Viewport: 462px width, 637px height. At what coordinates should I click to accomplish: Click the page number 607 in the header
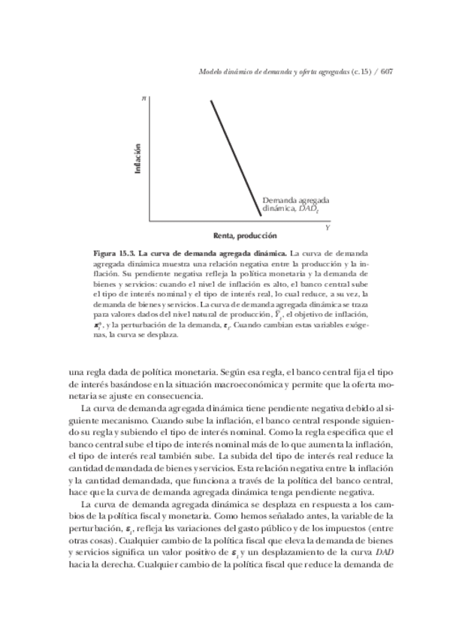pyautogui.click(x=388, y=72)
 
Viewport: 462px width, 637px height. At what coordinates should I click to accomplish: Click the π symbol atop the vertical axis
pyautogui.click(x=143, y=99)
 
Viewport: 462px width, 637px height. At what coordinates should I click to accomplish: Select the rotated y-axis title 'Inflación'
pyautogui.click(x=138, y=158)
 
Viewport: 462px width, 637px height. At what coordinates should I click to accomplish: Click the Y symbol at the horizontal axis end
pyautogui.click(x=327, y=226)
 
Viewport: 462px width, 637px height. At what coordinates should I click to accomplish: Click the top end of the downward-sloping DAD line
pyautogui.click(x=211, y=101)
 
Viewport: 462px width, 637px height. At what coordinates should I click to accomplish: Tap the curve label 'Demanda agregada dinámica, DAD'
pyautogui.click(x=295, y=205)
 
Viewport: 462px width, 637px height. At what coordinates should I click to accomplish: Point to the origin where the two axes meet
pyautogui.click(x=149, y=221)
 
